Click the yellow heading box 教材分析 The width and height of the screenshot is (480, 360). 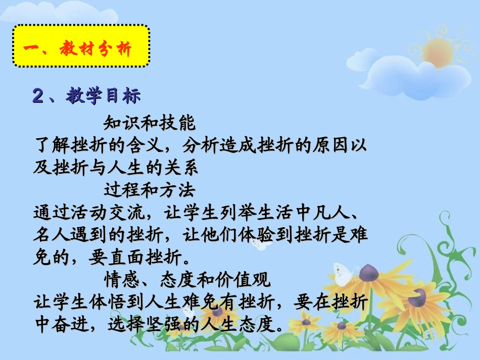click(81, 46)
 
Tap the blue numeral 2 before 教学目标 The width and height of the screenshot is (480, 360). click(38, 96)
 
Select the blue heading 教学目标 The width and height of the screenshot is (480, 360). click(104, 96)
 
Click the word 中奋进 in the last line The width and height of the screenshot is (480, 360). click(61, 323)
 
